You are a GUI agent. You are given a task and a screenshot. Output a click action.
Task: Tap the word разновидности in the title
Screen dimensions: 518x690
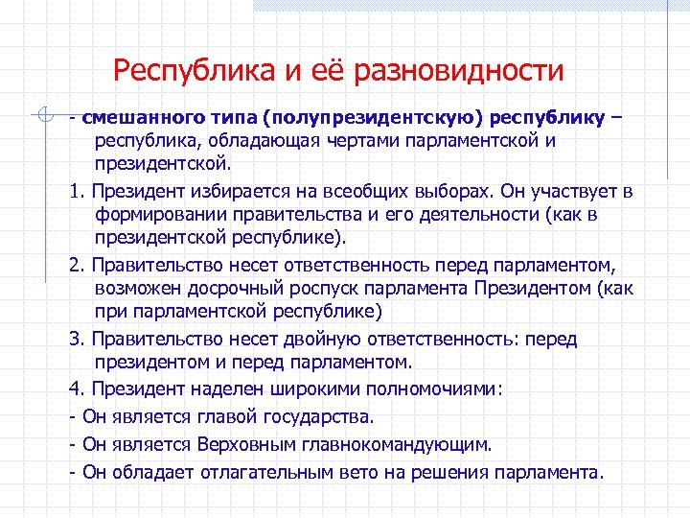coord(459,71)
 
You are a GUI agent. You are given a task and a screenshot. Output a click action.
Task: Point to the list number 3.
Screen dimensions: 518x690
coord(75,340)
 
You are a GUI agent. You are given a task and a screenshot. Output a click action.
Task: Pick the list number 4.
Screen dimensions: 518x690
coord(75,389)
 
